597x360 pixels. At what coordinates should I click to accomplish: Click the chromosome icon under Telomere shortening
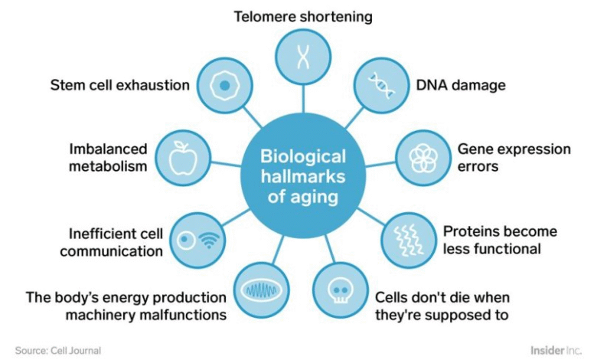coord(303,56)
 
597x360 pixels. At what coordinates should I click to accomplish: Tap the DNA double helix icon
coord(381,85)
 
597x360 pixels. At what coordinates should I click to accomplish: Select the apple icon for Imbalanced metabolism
coord(183,158)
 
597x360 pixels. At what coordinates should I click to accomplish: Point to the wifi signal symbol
coord(209,241)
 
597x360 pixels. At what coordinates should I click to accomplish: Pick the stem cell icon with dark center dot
coord(224,85)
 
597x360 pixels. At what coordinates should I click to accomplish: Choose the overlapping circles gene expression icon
coord(422,158)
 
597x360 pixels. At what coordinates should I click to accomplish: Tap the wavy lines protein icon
coord(408,240)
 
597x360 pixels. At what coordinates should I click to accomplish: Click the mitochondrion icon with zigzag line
coord(261,291)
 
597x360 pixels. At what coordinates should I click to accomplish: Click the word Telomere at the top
coord(265,17)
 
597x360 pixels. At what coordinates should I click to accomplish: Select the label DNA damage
coord(461,85)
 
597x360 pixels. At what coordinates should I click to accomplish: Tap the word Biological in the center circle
coord(303,156)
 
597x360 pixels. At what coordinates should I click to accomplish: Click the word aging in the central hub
coord(314,198)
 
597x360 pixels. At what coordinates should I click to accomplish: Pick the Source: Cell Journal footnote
coord(58,351)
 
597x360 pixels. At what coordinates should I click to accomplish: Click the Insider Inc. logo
coord(556,350)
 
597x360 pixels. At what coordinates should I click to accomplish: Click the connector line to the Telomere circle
coord(303,99)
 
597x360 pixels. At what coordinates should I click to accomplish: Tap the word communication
coord(111,251)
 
